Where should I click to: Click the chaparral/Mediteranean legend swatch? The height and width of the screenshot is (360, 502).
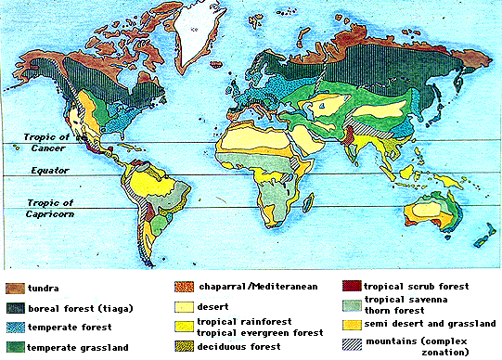pyautogui.click(x=187, y=287)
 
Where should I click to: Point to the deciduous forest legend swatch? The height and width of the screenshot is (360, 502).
pyautogui.click(x=187, y=346)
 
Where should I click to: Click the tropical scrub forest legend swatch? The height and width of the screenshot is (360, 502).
pyautogui.click(x=349, y=287)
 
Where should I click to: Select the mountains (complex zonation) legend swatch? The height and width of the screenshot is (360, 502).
pyautogui.click(x=349, y=344)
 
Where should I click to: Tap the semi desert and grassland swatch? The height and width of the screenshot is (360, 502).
pyautogui.click(x=349, y=326)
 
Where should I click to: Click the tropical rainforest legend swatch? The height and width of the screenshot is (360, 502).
pyautogui.click(x=187, y=326)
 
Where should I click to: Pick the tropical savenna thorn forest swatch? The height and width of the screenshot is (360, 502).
pyautogui.click(x=349, y=305)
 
